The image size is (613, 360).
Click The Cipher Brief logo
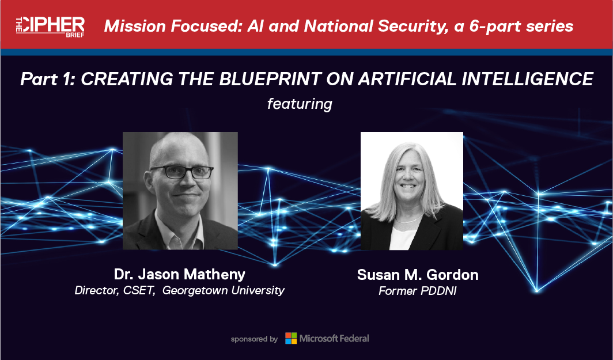50,26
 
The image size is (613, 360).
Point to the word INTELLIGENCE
527,78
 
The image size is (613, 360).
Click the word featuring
300,104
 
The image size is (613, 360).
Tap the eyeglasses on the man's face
182,172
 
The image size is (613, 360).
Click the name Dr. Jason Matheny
179,274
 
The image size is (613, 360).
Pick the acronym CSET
139,290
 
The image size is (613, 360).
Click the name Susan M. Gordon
418,275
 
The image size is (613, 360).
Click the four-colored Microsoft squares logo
291,338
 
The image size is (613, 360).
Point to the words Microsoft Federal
334,338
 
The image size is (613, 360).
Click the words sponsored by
254,339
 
